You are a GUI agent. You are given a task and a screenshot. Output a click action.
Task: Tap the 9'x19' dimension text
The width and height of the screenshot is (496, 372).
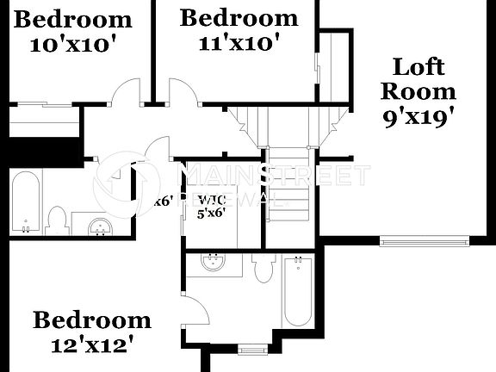(x=418, y=116)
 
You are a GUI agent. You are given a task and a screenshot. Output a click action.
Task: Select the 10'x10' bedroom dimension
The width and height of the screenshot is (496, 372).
(x=72, y=44)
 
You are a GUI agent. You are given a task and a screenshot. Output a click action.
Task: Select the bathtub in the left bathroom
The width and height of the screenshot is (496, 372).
(x=26, y=202)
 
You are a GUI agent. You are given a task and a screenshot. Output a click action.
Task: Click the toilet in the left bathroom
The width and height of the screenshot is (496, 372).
(x=58, y=220)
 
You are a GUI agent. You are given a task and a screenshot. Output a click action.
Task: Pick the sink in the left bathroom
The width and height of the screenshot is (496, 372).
(x=101, y=226)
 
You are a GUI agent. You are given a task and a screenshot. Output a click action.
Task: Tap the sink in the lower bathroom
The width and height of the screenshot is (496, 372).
(x=209, y=262)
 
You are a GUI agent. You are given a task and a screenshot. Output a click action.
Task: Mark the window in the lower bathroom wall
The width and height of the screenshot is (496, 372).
(x=251, y=349)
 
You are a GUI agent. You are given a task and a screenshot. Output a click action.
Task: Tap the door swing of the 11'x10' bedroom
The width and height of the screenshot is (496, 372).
(x=182, y=92)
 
